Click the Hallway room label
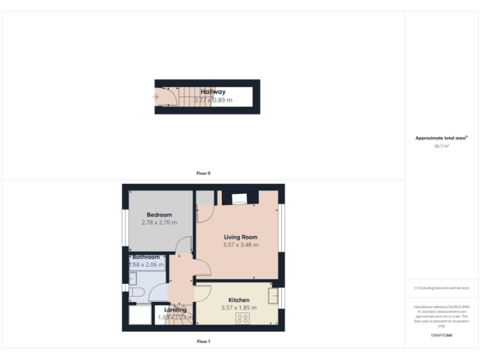[x=213, y=92]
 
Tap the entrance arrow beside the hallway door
[x=155, y=97]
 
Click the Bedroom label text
[x=159, y=215]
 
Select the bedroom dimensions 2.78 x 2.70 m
[x=159, y=222]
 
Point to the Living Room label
[x=241, y=237]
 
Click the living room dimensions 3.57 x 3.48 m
[x=241, y=245]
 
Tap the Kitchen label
[x=239, y=300]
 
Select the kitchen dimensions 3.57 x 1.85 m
[x=239, y=307]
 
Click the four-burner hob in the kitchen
[x=242, y=319]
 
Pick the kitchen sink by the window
[x=273, y=296]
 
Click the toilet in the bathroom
[x=137, y=292]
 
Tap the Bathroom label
[x=146, y=257]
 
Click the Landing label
[x=175, y=310]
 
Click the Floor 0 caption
[x=203, y=173]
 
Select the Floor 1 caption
[x=203, y=341]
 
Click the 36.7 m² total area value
[x=441, y=146]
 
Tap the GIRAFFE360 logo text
[x=441, y=336]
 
